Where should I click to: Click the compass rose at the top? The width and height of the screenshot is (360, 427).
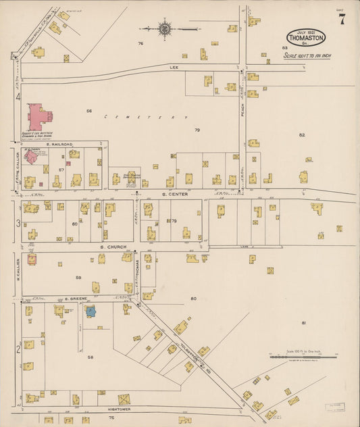click(x=164, y=28)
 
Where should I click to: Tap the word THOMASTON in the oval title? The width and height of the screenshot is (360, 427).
click(x=305, y=39)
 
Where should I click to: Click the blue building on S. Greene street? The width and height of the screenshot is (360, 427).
click(x=90, y=311)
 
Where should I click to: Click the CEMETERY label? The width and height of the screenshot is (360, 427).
click(x=145, y=118)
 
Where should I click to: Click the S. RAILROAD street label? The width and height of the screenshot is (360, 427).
click(x=57, y=145)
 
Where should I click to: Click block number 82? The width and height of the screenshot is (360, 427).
click(x=302, y=135)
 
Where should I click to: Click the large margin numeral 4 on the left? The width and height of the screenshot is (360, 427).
click(x=18, y=97)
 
